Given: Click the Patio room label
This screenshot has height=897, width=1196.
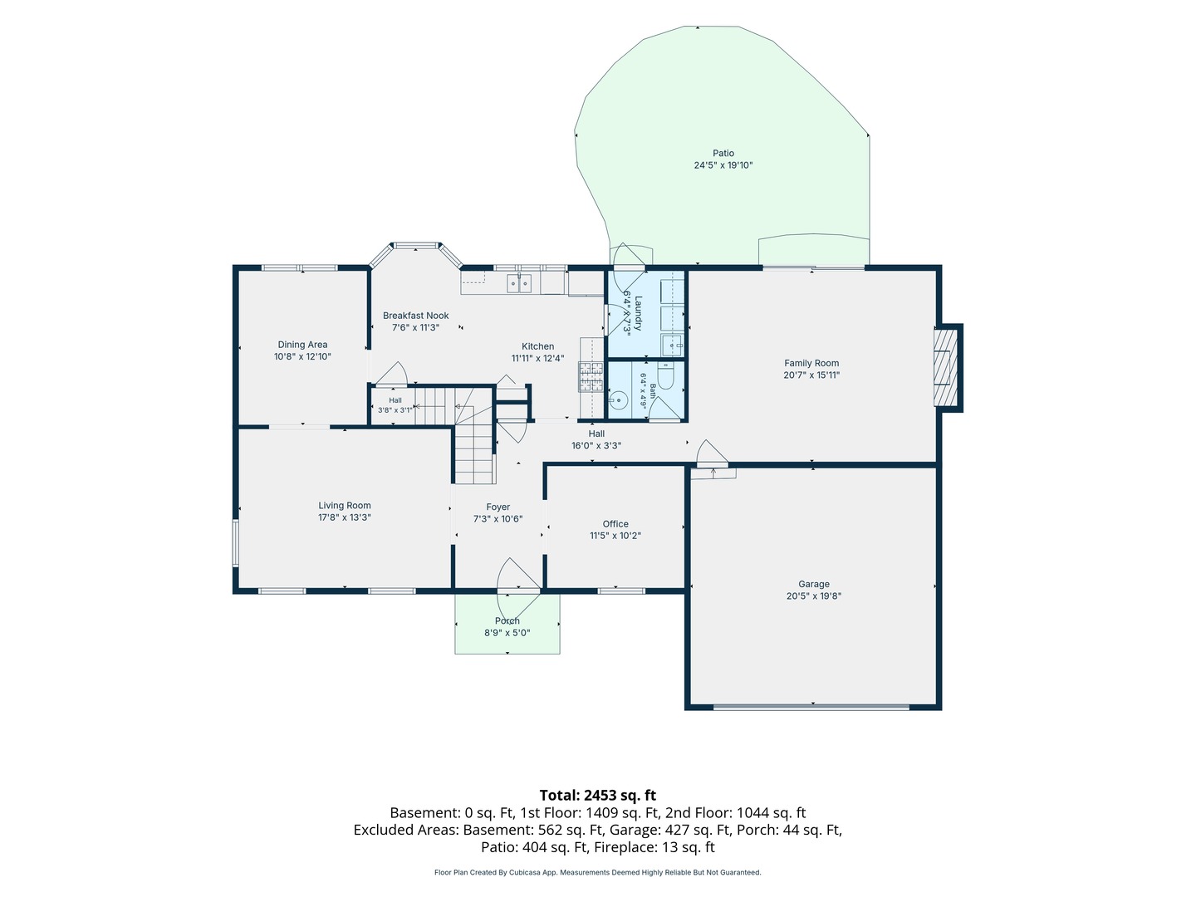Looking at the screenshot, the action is pyautogui.click(x=723, y=153).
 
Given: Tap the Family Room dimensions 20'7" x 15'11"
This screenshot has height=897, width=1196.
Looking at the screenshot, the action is pyautogui.click(x=811, y=375).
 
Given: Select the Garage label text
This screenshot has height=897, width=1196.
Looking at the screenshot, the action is pyautogui.click(x=813, y=584).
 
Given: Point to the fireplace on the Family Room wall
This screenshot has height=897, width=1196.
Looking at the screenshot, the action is pyautogui.click(x=947, y=368).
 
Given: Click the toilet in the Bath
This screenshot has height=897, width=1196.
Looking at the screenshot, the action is pyautogui.click(x=666, y=374).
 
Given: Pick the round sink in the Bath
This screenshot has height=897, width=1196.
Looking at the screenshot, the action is pyautogui.click(x=618, y=400).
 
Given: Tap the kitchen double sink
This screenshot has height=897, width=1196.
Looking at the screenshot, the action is pyautogui.click(x=519, y=283).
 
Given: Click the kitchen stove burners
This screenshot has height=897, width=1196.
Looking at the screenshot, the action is pyautogui.click(x=591, y=376).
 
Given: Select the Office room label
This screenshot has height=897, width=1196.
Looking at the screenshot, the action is pyautogui.click(x=615, y=524).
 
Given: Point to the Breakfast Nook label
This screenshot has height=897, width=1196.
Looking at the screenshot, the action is pyautogui.click(x=416, y=316).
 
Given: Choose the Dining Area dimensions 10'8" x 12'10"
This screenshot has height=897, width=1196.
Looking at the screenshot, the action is pyautogui.click(x=302, y=357).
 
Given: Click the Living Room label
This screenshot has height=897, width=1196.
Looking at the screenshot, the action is pyautogui.click(x=345, y=506).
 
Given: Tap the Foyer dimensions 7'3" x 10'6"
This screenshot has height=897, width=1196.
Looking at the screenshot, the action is pyautogui.click(x=498, y=518).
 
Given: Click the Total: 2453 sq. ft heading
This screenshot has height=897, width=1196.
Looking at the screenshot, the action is pyautogui.click(x=598, y=795).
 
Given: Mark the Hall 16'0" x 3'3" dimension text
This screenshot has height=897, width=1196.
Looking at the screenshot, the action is pyautogui.click(x=596, y=445).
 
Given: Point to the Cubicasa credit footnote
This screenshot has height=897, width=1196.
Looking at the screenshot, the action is pyautogui.click(x=598, y=872).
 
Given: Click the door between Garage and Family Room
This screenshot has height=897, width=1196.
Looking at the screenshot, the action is pyautogui.click(x=712, y=453).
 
